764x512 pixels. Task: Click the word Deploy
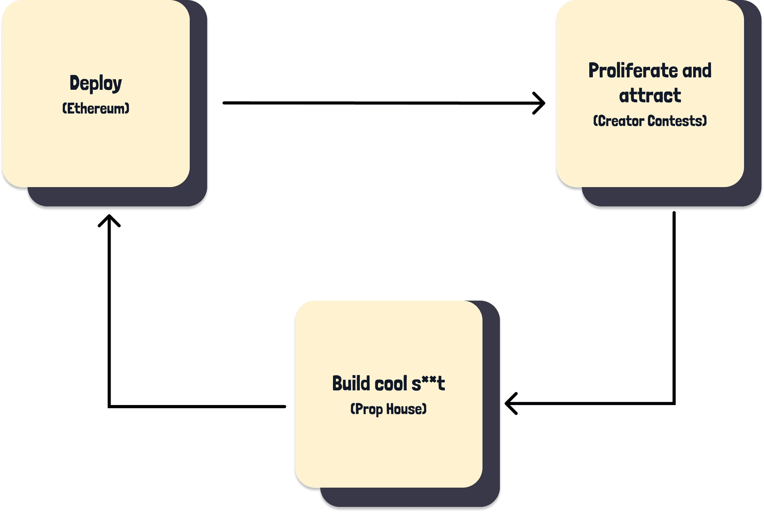[x=95, y=83]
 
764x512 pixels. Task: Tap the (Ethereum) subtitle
[x=96, y=109]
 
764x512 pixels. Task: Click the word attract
[x=650, y=96]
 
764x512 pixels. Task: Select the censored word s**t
[x=428, y=384]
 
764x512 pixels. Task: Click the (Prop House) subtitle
[x=388, y=409]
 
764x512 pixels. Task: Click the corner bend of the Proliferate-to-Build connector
[x=674, y=403]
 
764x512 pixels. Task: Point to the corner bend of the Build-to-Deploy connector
[x=109, y=406]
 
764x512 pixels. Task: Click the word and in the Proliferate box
[x=697, y=71]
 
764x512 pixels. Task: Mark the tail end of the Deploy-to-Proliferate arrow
[x=224, y=103]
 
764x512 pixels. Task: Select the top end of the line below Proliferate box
[x=674, y=213]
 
